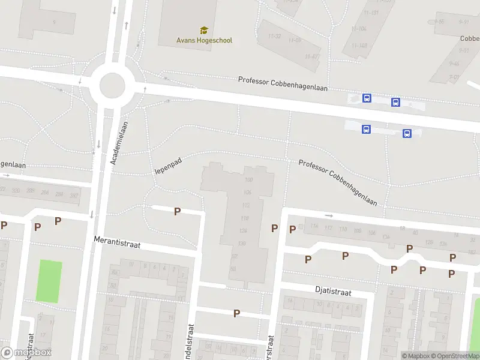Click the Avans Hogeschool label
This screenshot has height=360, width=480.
[x=204, y=40]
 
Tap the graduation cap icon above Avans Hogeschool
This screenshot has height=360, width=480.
[x=204, y=30]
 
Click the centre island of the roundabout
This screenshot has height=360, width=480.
[x=112, y=85]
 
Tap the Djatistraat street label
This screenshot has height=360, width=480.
[x=333, y=290]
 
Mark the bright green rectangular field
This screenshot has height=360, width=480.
[x=49, y=281]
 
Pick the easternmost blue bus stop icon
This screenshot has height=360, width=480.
[x=407, y=133]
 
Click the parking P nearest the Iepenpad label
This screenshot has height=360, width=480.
[x=177, y=211]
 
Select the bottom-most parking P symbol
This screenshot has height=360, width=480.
[x=236, y=313]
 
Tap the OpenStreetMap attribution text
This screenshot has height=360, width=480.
[x=453, y=356]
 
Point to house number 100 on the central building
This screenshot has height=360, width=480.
[x=248, y=180]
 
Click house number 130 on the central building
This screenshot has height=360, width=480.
[x=242, y=243]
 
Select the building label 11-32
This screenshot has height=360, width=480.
[x=275, y=37]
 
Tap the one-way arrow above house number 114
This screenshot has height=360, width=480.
[x=328, y=215]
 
